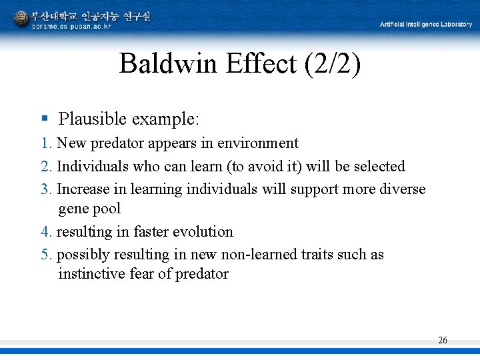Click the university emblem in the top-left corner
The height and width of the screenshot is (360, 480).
coord(21,19)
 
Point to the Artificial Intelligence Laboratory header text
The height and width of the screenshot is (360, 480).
coord(426,25)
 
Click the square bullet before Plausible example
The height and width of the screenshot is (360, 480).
coord(45,119)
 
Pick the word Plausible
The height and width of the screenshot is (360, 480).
coord(92,119)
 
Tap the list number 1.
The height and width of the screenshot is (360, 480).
coord(45,143)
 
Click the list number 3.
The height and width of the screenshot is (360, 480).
coord(45,189)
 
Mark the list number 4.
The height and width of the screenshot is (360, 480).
coord(45,232)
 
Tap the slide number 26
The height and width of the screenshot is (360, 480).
coord(443,341)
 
